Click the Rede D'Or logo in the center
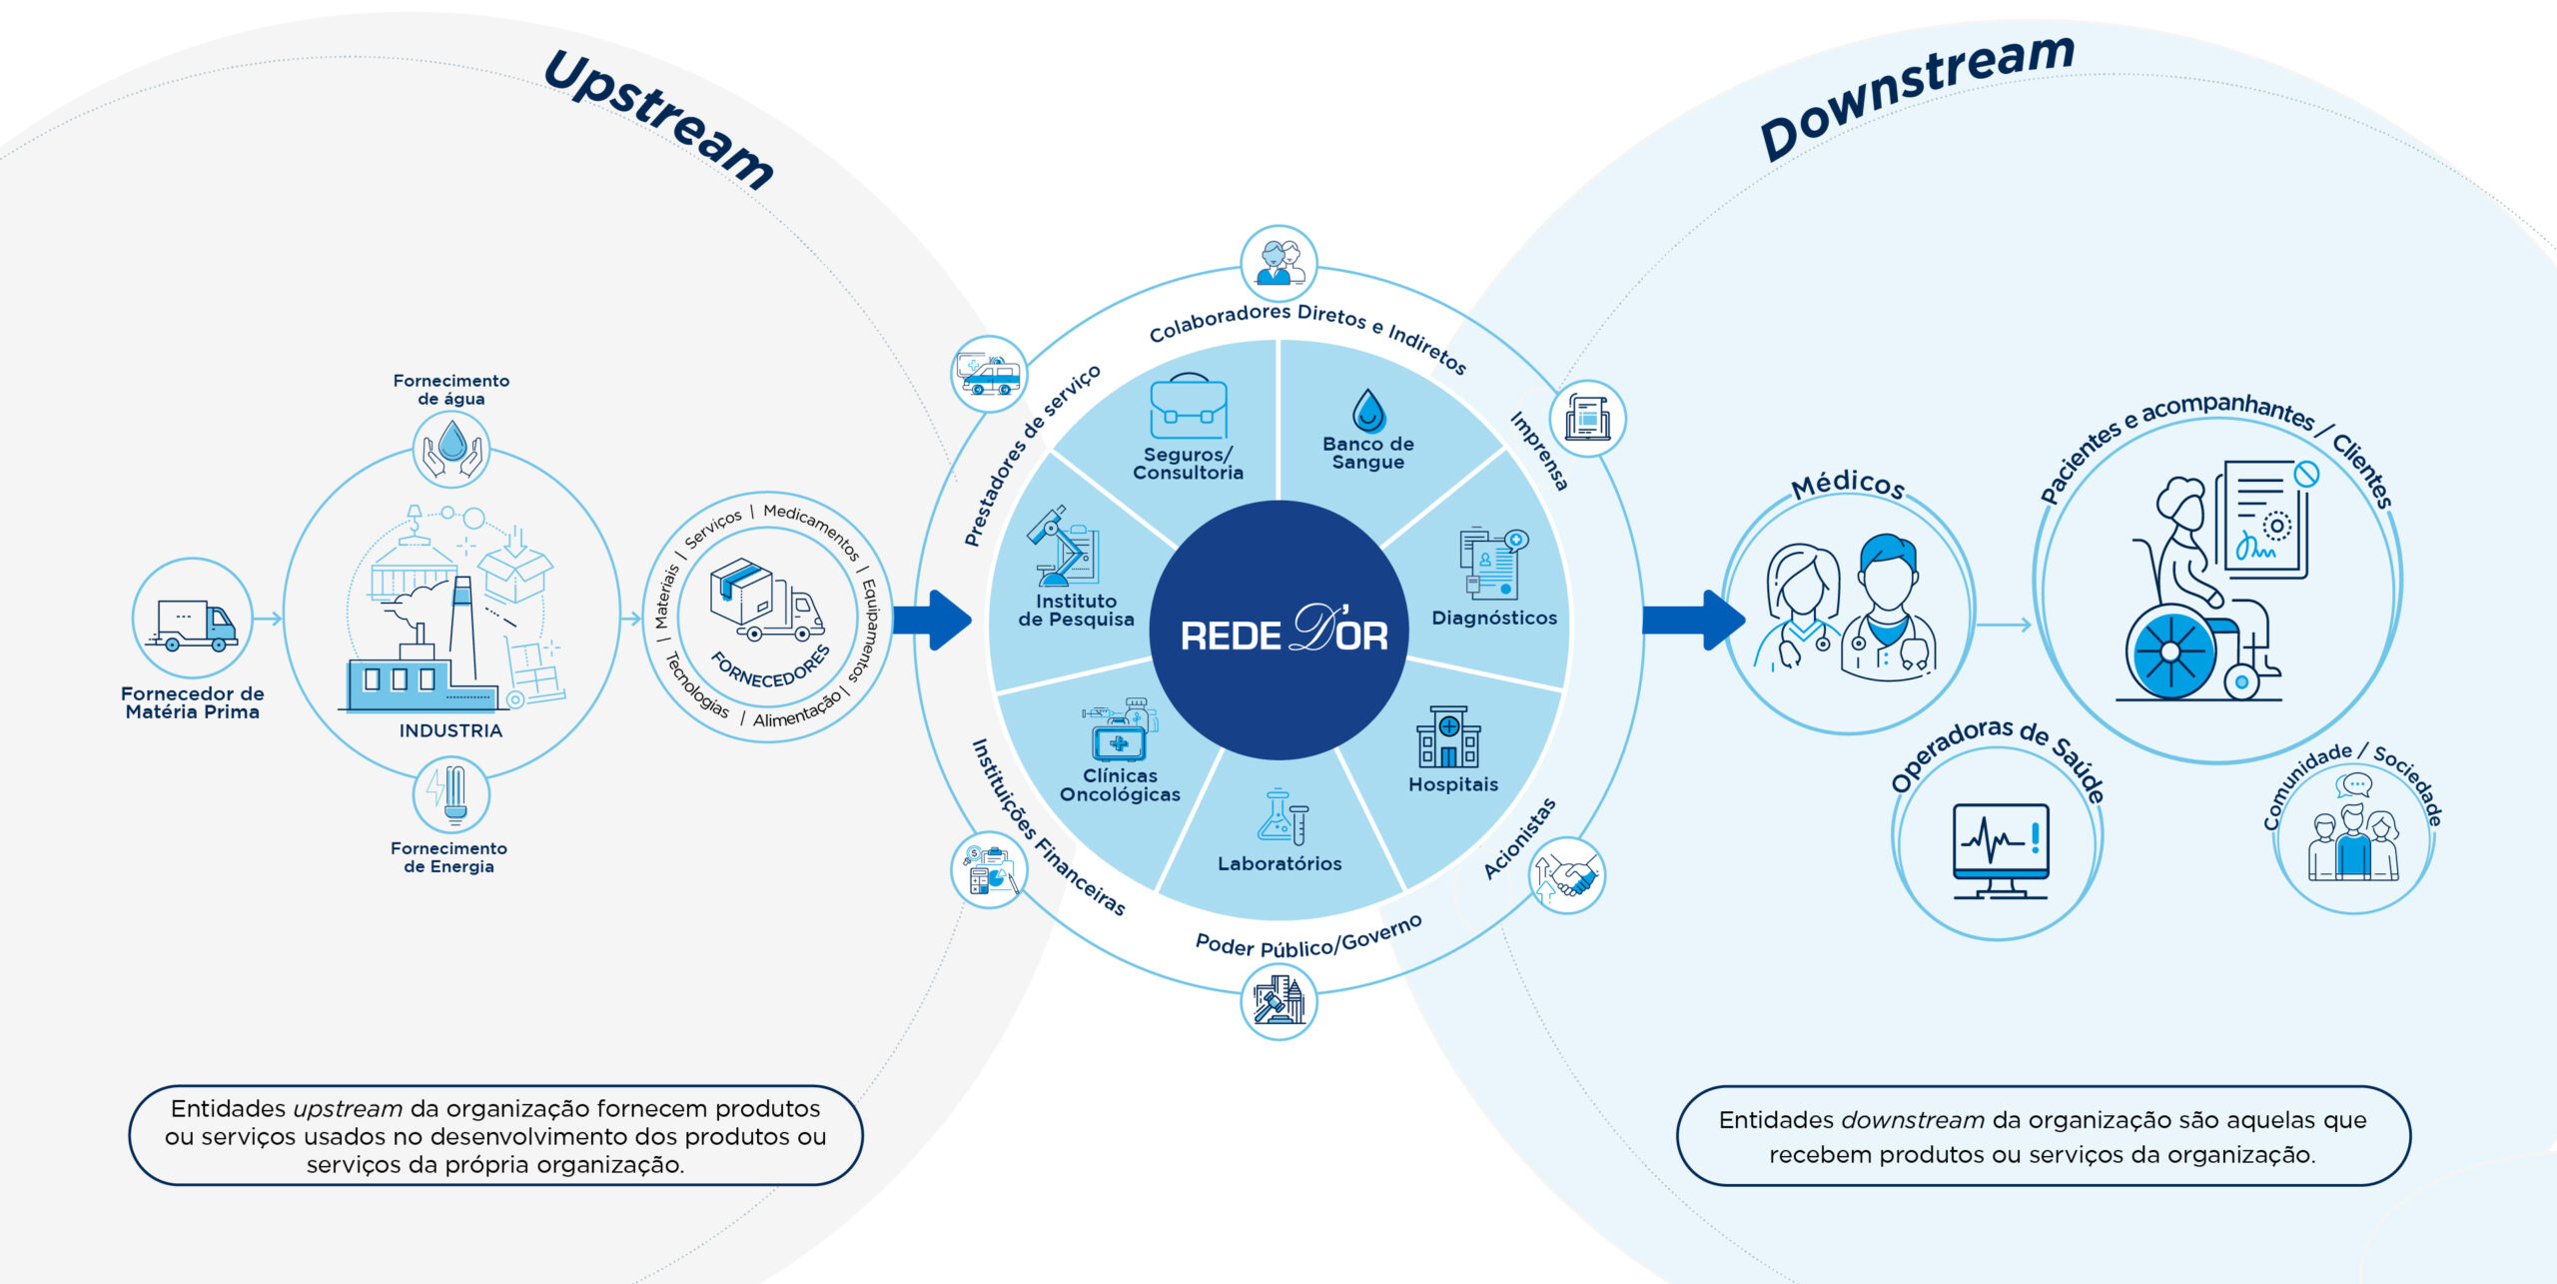[x=1283, y=632]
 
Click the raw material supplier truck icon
[x=193, y=625]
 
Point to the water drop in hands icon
[x=451, y=449]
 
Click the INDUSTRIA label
[x=450, y=730]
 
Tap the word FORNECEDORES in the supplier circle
[x=770, y=667]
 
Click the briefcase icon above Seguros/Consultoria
[x=1188, y=408]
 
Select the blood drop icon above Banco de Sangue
[x=1368, y=410]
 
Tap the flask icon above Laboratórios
[x=1280, y=817]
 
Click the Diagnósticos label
[x=1494, y=618]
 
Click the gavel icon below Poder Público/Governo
[x=1278, y=1000]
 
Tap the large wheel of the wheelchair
[x=2170, y=652]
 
